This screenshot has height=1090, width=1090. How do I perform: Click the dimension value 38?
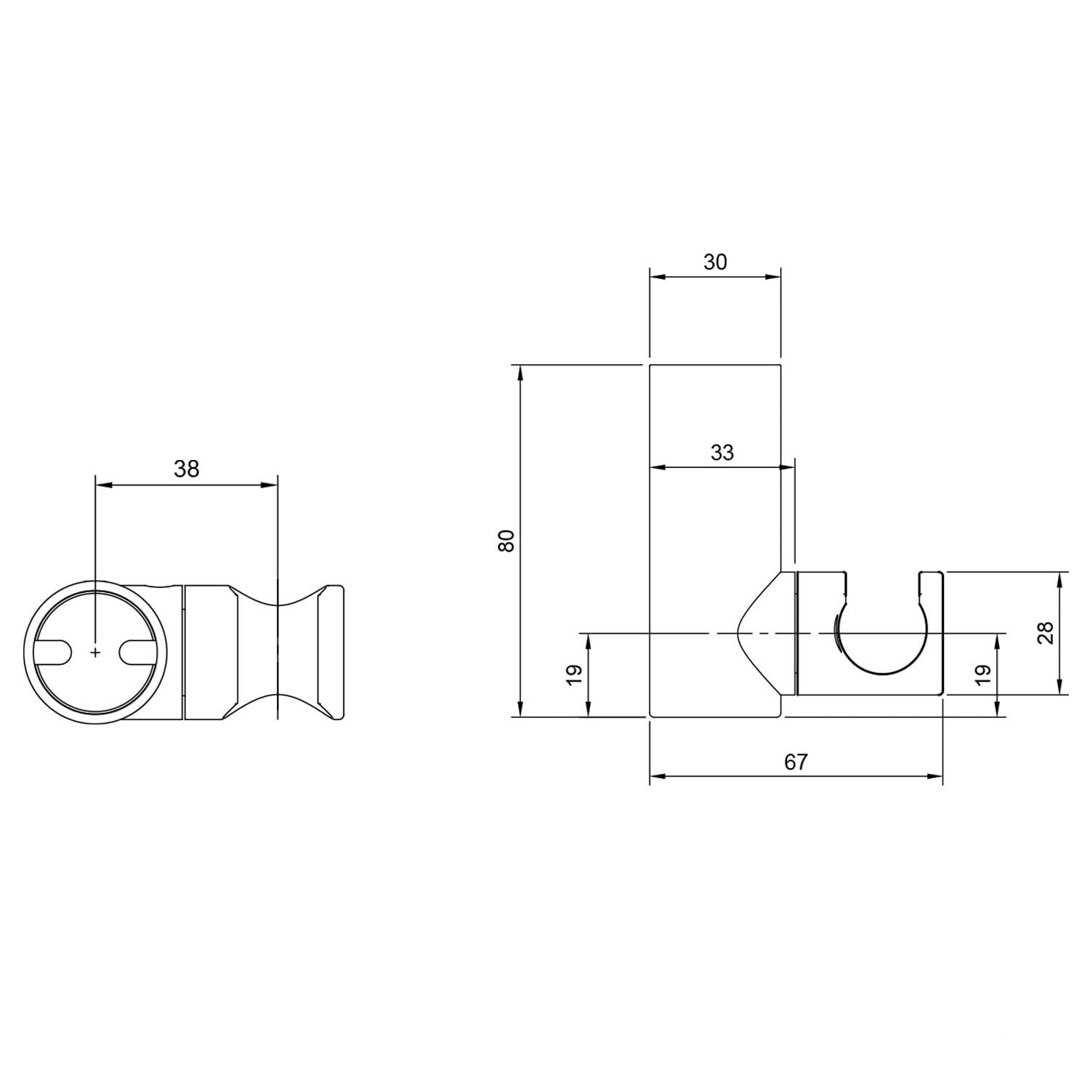click(x=187, y=469)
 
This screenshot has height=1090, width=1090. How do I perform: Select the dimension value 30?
click(x=715, y=262)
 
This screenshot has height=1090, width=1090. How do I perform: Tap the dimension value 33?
click(x=722, y=453)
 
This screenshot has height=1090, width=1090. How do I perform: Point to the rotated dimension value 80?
click(x=506, y=541)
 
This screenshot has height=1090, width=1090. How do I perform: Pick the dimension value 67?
click(x=796, y=762)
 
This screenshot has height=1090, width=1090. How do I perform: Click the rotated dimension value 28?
click(x=1046, y=633)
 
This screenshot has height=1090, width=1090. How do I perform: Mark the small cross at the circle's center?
click(x=95, y=653)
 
